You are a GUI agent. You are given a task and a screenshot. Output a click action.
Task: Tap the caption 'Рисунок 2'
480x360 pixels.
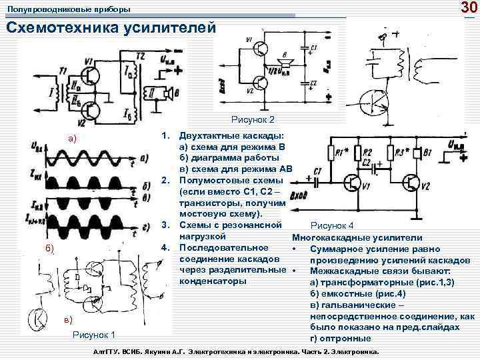253,120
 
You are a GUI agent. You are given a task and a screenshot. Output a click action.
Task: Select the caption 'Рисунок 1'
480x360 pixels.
93,335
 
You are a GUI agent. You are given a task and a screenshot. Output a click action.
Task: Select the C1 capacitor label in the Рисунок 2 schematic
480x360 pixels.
313,48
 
